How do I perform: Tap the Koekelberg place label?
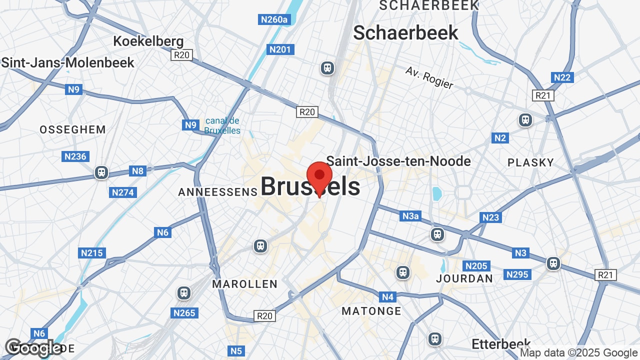(148, 41)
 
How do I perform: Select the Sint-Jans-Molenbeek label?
(68, 62)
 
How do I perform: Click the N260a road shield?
(274, 19)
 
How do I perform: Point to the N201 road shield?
(279, 49)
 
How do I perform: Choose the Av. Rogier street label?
(429, 78)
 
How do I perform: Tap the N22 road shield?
(562, 77)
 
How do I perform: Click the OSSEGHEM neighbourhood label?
(72, 130)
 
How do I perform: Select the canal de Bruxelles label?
(222, 126)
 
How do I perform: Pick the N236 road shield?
(75, 156)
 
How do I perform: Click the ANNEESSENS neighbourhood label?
(217, 192)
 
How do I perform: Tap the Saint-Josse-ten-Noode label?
(398, 161)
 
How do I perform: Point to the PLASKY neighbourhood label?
(530, 162)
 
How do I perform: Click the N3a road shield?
(410, 216)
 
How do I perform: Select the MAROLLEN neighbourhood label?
(244, 284)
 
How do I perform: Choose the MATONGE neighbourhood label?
(371, 311)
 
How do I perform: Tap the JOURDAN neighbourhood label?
(464, 278)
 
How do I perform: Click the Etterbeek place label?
(501, 344)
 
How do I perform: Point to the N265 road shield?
(184, 313)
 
